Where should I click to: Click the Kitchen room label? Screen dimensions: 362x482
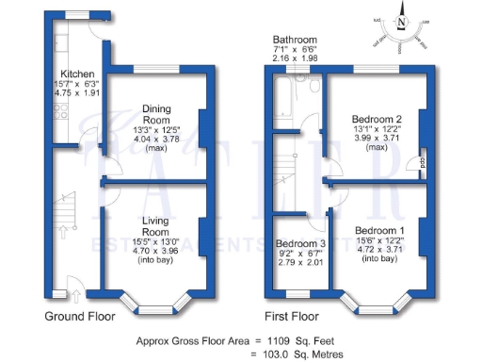coord(75,73)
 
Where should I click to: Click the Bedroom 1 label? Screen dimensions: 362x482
coord(380,231)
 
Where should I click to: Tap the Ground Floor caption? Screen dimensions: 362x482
coord(77,317)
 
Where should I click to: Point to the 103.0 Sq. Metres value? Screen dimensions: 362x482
coord(297,353)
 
